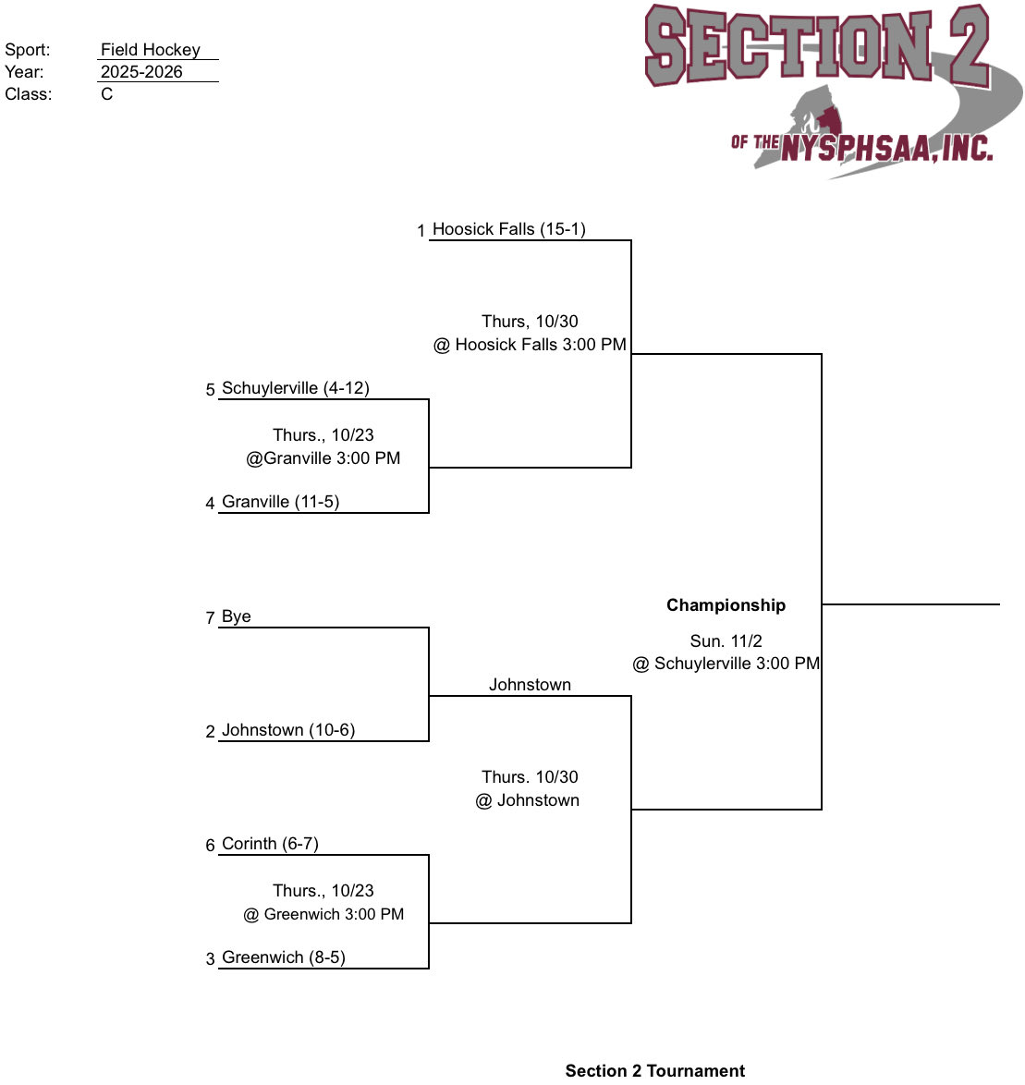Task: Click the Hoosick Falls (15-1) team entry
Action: click(508, 229)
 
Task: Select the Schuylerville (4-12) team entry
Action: click(295, 388)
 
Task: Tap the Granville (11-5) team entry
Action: click(280, 502)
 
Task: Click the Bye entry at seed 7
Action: click(236, 616)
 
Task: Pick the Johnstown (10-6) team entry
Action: click(288, 730)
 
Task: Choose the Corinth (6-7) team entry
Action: click(270, 844)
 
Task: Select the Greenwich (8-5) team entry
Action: click(283, 957)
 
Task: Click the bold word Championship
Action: click(726, 605)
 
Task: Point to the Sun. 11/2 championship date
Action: click(726, 640)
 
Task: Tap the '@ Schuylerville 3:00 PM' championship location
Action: click(726, 664)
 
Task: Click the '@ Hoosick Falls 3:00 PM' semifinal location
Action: click(530, 345)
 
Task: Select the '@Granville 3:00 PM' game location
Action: click(323, 458)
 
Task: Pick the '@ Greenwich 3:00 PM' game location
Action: click(323, 914)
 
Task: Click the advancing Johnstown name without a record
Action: click(530, 685)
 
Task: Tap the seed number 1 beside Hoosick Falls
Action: click(421, 231)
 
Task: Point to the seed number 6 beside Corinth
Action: click(210, 846)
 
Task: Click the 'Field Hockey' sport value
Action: click(151, 50)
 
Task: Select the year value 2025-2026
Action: click(141, 72)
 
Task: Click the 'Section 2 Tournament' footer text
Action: click(654, 1070)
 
